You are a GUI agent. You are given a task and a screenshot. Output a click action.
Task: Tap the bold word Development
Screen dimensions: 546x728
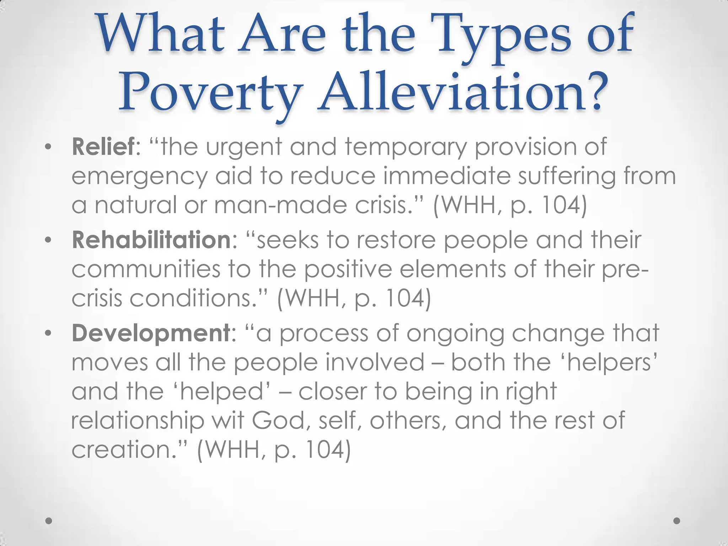point(151,333)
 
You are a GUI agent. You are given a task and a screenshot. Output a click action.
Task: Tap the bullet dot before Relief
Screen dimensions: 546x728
point(48,147)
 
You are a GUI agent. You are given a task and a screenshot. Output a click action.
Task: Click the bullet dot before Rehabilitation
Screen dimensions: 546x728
point(48,241)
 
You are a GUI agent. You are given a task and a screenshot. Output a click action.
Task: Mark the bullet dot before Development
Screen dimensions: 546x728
point(48,334)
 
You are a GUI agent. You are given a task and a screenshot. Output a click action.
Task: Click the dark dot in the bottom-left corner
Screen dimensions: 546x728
point(49,521)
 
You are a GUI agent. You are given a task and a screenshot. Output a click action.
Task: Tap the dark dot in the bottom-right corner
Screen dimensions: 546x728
point(677,521)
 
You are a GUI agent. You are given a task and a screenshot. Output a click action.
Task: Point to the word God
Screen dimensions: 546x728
point(279,420)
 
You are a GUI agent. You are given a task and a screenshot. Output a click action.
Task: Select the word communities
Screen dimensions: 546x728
point(146,269)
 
